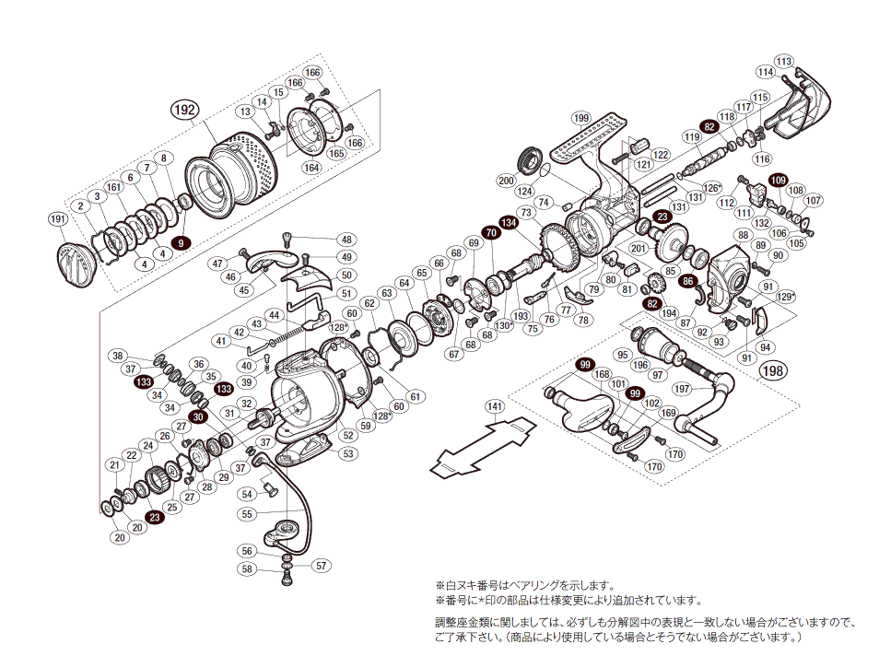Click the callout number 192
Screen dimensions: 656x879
[x=184, y=110]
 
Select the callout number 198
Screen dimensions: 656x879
[x=774, y=370]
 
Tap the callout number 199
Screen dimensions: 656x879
[x=580, y=118]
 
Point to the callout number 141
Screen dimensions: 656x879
[x=495, y=406]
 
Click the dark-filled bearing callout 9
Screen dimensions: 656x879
[x=182, y=243]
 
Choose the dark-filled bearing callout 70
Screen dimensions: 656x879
[x=490, y=234]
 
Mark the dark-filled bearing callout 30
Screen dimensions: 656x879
[x=198, y=417]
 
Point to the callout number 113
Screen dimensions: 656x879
[x=784, y=62]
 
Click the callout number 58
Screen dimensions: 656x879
[x=247, y=568]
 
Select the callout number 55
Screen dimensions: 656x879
[x=247, y=513]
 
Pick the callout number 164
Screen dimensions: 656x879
[x=311, y=168]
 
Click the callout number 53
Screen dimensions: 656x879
[x=347, y=453]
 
